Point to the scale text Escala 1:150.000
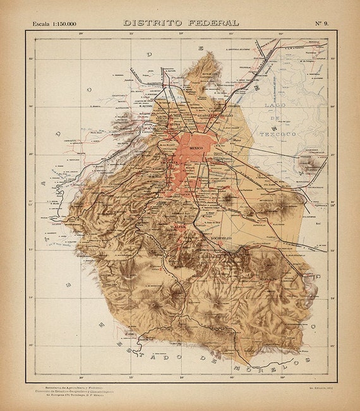(x=54, y=23)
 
